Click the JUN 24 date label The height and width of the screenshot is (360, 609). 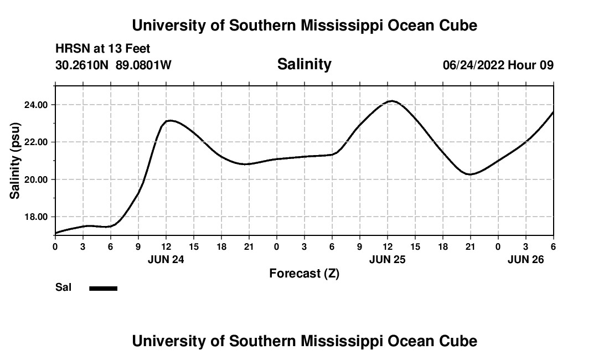tap(166, 259)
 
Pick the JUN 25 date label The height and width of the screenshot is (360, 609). tap(387, 259)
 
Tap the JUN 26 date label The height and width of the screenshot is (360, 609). tap(525, 259)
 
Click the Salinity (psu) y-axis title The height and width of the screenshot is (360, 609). tap(15, 160)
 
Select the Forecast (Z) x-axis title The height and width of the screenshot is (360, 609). tap(304, 273)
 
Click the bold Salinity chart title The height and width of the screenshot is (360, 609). tap(304, 64)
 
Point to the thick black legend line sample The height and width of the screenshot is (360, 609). tap(104, 288)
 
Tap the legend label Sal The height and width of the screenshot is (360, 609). tap(63, 287)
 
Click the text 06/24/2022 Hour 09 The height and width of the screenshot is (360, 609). tap(498, 65)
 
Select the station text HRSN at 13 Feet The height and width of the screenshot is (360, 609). tap(103, 49)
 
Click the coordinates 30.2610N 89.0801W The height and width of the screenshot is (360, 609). tap(113, 65)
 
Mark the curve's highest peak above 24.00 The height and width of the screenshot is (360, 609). tap(392, 101)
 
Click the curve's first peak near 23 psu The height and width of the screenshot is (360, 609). tap(171, 120)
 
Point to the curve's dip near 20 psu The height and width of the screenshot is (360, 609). tap(470, 174)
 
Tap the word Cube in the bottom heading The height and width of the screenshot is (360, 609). tap(458, 341)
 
